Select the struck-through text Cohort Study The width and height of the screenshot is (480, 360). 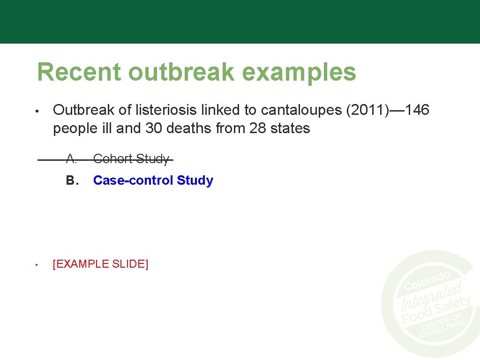[x=131, y=159]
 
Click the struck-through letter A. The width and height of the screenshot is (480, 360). [x=71, y=159]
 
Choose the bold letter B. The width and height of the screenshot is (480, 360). [x=71, y=180]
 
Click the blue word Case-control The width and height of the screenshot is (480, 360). [x=133, y=180]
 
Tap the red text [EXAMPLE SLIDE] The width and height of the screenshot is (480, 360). [x=100, y=264]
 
